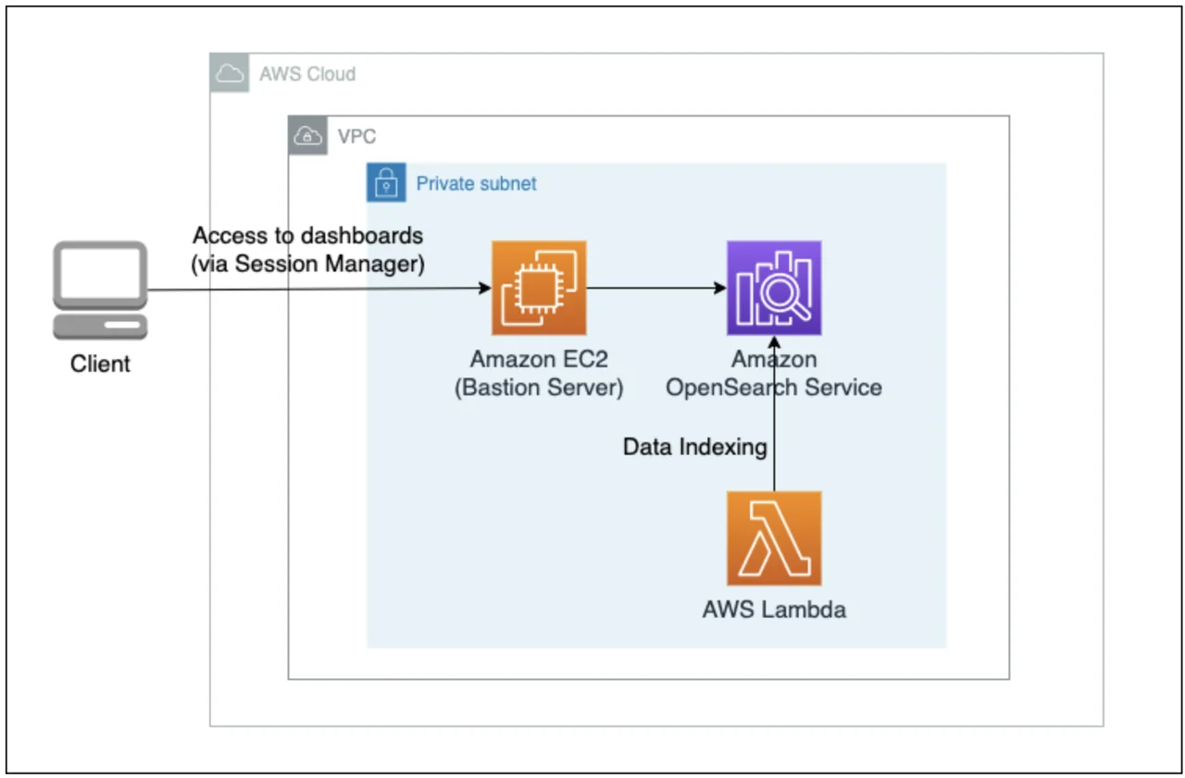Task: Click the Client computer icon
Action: [100, 290]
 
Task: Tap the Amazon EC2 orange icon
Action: [539, 288]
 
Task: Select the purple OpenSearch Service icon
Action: [774, 288]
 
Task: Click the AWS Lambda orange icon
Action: [774, 538]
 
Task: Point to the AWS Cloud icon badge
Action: [229, 73]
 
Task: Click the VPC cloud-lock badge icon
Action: [307, 137]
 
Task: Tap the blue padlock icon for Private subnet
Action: [386, 183]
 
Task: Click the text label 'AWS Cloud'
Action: [307, 74]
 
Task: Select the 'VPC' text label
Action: [357, 138]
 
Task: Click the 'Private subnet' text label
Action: [476, 183]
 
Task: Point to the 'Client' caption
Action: [100, 364]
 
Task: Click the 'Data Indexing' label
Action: [694, 448]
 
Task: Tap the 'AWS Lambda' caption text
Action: [774, 610]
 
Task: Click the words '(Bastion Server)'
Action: [539, 387]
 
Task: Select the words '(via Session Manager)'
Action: [307, 264]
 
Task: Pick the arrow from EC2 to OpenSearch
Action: [655, 289]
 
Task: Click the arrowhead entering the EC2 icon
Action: [484, 289]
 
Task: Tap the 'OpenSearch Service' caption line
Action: [774, 387]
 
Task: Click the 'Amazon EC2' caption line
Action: [539, 360]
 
